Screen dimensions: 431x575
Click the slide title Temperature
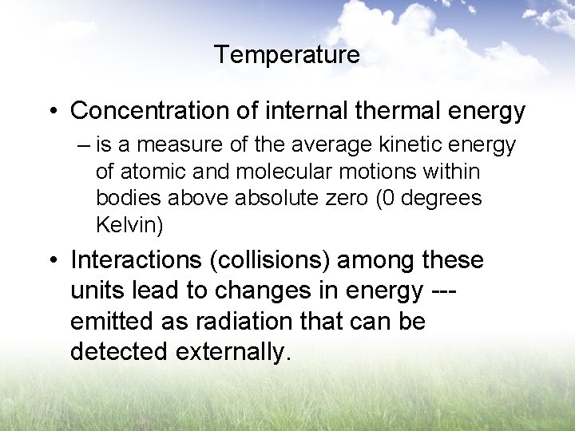[x=287, y=55]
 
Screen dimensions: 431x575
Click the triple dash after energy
[x=452, y=291]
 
